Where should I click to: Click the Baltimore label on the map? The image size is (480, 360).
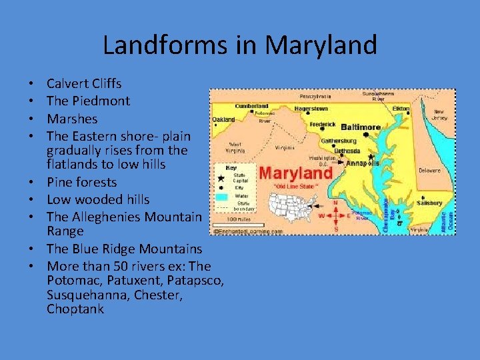tap(360, 127)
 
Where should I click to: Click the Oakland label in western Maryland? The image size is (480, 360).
tap(223, 120)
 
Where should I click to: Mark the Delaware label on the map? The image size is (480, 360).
tap(429, 170)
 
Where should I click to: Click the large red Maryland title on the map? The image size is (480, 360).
tap(287, 173)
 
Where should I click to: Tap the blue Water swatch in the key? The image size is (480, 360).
tap(221, 197)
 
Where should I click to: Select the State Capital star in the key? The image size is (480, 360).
tap(221, 179)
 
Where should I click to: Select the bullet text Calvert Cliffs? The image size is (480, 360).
tap(84, 84)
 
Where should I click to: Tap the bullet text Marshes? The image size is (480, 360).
tap(72, 119)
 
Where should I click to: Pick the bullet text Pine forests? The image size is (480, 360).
tap(81, 182)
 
